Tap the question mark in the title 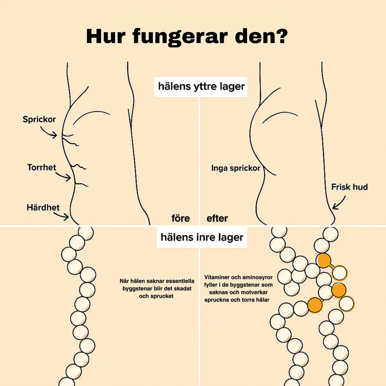pyautogui.click(x=280, y=36)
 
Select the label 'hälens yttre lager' pyautogui.click(x=201, y=87)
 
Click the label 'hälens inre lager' pyautogui.click(x=202, y=237)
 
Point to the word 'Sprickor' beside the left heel pyautogui.click(x=39, y=119)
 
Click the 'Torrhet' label pyautogui.click(x=42, y=167)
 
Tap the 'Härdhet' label pyautogui.click(x=43, y=208)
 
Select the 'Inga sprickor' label pyautogui.click(x=236, y=168)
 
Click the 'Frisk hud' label pyautogui.click(x=349, y=187)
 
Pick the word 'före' pyautogui.click(x=181, y=219)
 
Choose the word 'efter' pyautogui.click(x=217, y=219)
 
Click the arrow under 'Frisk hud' pyautogui.click(x=339, y=203)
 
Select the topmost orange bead pyautogui.click(x=324, y=260)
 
